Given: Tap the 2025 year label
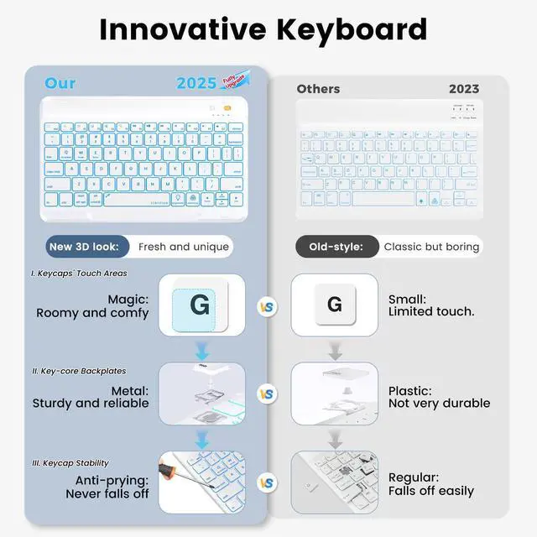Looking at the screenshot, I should click(196, 83).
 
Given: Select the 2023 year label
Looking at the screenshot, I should click(464, 88).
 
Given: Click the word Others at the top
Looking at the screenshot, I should click(318, 88).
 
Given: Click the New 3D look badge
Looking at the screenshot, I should click(89, 247).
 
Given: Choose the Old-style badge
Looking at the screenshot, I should click(336, 247).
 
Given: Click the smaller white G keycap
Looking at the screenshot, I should click(335, 305).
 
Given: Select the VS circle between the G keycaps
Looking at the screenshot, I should click(267, 307).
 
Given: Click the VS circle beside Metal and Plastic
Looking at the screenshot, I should click(267, 394).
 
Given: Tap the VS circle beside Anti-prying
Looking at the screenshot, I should click(267, 482).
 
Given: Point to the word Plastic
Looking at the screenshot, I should click(410, 391).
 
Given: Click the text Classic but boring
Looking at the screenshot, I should click(431, 247).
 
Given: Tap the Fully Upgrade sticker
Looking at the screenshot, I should click(236, 82).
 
